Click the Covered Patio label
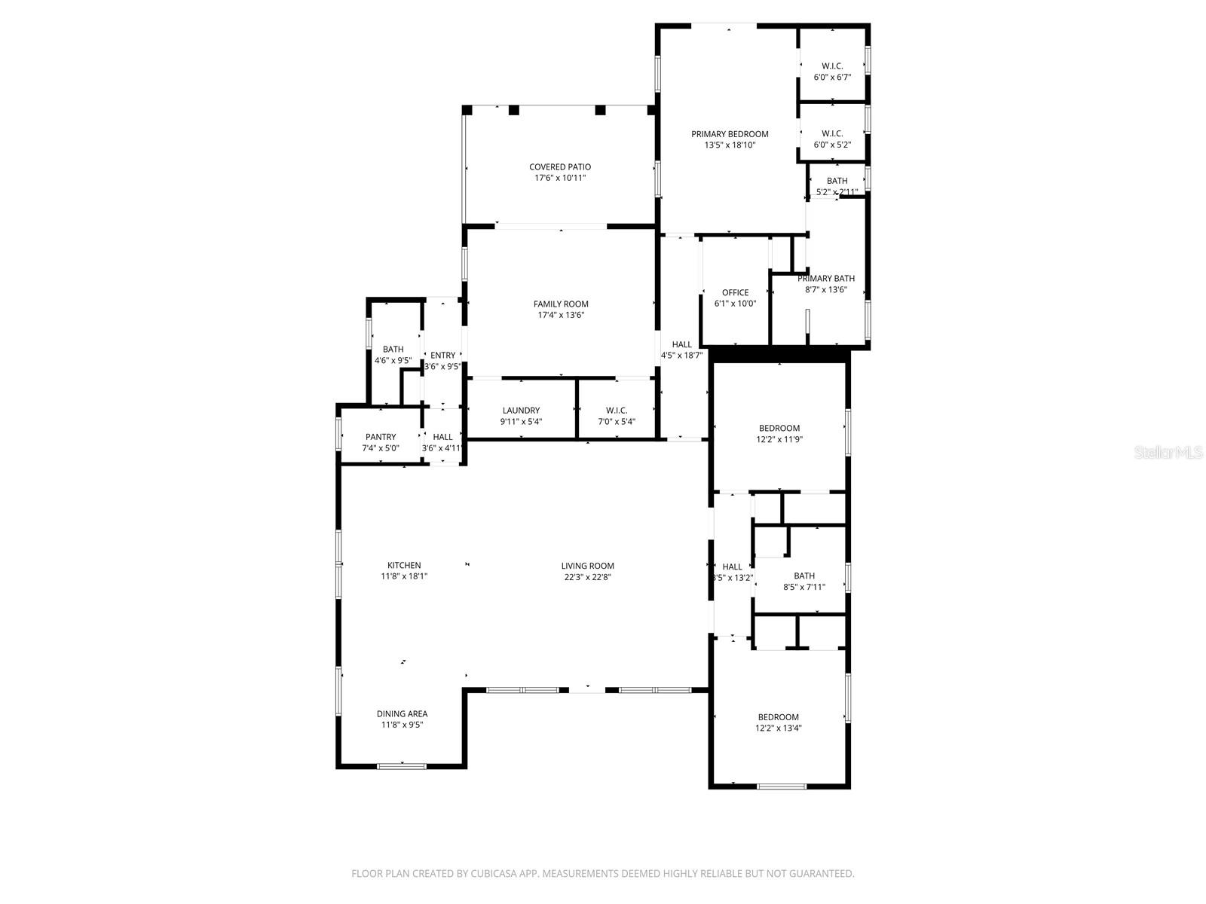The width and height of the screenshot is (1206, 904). coord(559,167)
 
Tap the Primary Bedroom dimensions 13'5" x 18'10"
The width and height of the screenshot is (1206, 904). coord(729,145)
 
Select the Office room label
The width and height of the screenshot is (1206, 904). coord(735,293)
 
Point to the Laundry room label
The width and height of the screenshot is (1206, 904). coord(521,411)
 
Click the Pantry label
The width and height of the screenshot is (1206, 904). coord(381,437)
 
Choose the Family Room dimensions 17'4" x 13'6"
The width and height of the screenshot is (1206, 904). coord(560,316)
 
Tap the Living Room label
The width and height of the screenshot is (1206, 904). coord(587,566)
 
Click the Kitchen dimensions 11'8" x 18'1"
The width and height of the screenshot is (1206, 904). coord(404,576)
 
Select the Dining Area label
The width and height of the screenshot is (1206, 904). coord(402,713)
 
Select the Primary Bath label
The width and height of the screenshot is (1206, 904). coord(826,279)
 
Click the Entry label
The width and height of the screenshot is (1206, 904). coord(442,356)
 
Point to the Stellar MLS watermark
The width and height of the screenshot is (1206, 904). coord(1168,453)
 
